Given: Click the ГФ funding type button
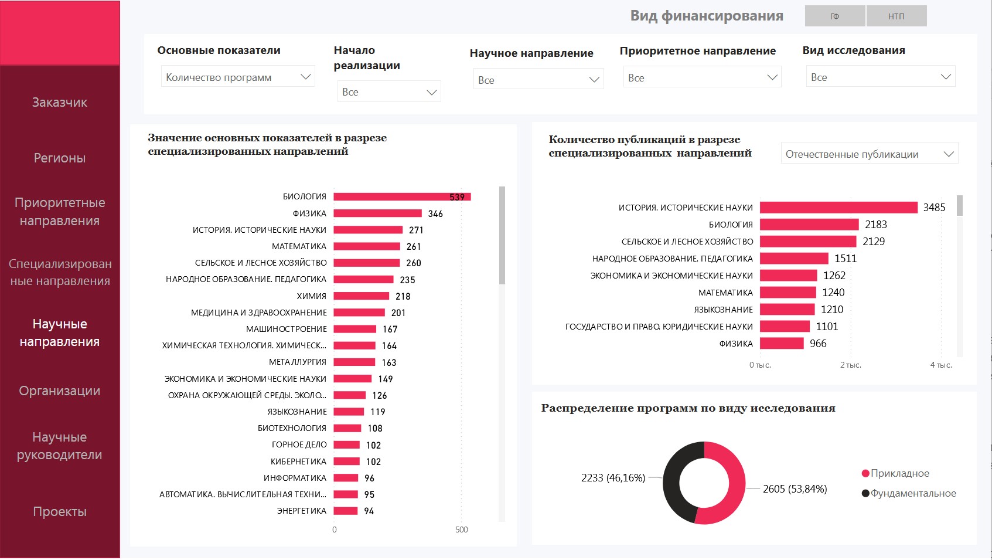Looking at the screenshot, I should coord(835,16).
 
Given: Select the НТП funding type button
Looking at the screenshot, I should coord(896,16).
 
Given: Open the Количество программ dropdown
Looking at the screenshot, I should coord(238,77).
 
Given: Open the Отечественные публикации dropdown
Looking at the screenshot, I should coord(870,154).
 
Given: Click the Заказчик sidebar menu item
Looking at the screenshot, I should coord(60,103).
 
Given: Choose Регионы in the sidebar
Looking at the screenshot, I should coord(60,158).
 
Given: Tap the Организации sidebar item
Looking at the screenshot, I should coord(60,391).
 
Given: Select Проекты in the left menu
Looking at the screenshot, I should coord(60,512).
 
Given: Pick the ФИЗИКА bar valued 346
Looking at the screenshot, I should coord(378,213).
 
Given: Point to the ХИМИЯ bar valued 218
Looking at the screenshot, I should coord(362,296).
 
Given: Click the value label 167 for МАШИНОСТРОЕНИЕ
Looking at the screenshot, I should coord(390,330).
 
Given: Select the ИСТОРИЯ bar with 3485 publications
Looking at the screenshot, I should coord(838,208).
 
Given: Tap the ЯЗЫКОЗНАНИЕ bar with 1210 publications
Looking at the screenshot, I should coord(787,310).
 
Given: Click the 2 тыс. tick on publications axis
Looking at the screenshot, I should coord(850,365).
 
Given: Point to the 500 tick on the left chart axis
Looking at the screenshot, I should coord(462,530).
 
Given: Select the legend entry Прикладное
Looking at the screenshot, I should coord(899,474).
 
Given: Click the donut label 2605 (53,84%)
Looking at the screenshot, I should coord(795,489).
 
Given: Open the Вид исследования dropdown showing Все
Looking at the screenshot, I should coord(881,77).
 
